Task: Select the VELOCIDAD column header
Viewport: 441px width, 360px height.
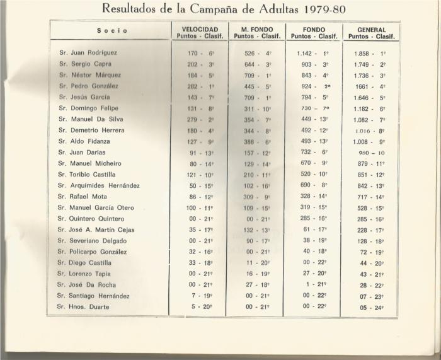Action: [x=200, y=29]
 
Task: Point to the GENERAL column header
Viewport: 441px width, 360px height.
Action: [x=371, y=29]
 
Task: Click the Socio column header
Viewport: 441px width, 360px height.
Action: [x=112, y=30]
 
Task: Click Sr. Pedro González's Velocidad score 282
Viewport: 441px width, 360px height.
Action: [x=190, y=86]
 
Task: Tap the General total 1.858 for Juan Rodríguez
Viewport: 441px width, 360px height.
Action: [x=364, y=54]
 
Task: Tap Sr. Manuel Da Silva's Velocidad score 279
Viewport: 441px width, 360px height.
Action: [x=190, y=119]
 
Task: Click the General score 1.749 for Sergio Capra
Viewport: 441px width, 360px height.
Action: [x=364, y=64]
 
